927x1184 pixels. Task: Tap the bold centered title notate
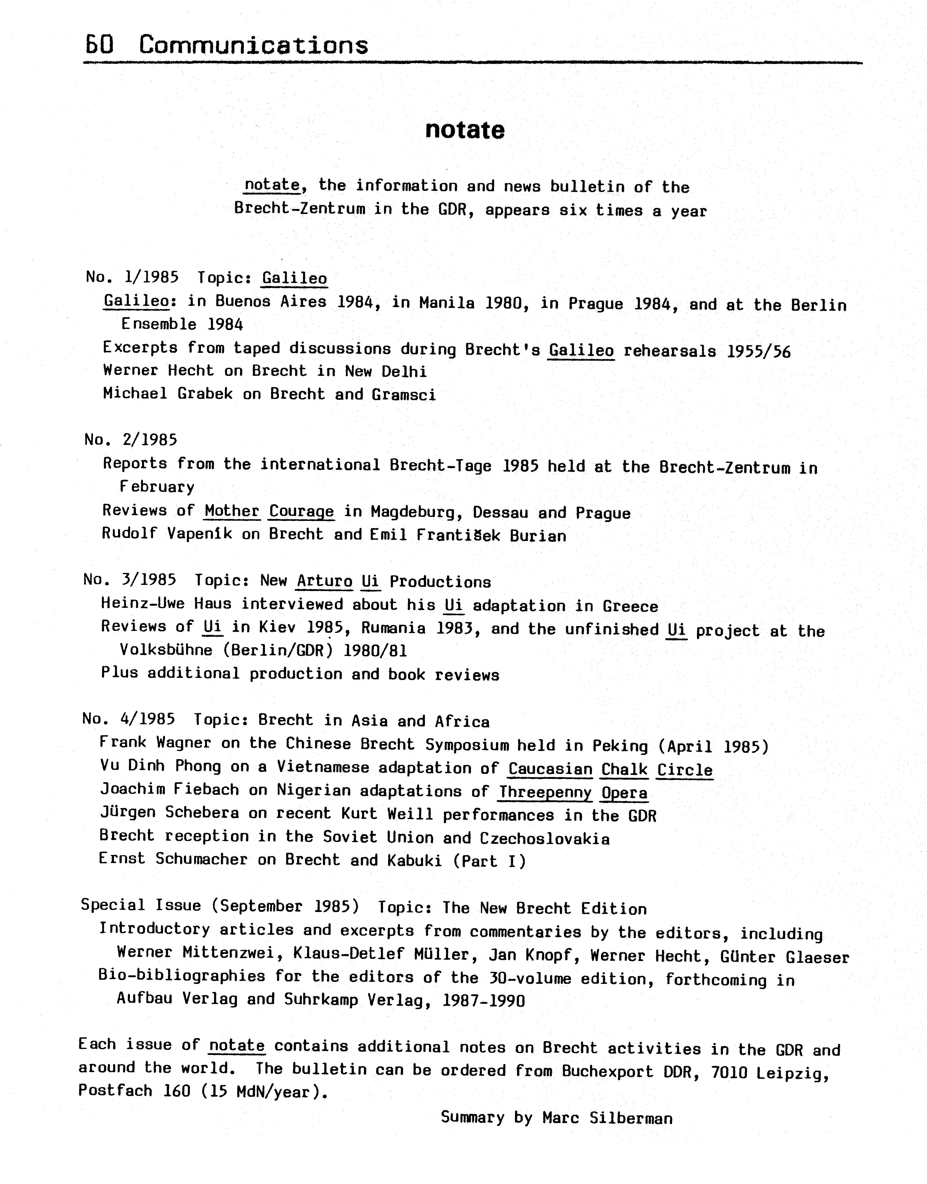465,130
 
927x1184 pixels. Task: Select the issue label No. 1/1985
132,277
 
